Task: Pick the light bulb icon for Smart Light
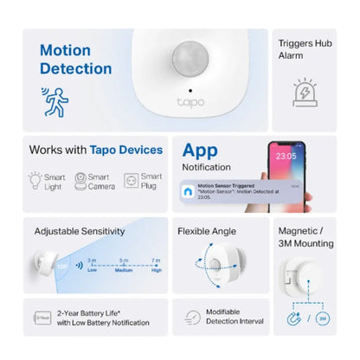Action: click(35, 180)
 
